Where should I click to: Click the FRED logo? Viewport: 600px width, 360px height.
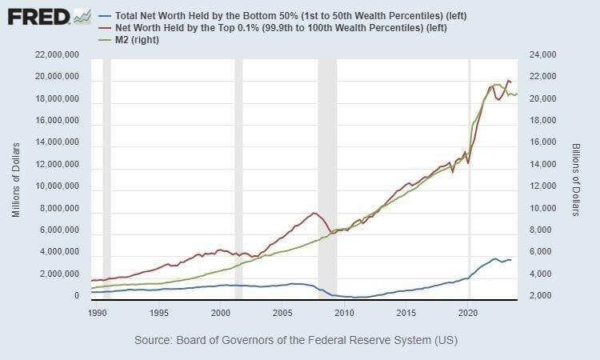38,16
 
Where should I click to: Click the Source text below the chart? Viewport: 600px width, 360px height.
296,340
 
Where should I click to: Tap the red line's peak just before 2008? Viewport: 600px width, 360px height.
314,213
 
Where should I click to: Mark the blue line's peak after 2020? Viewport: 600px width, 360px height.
495,258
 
